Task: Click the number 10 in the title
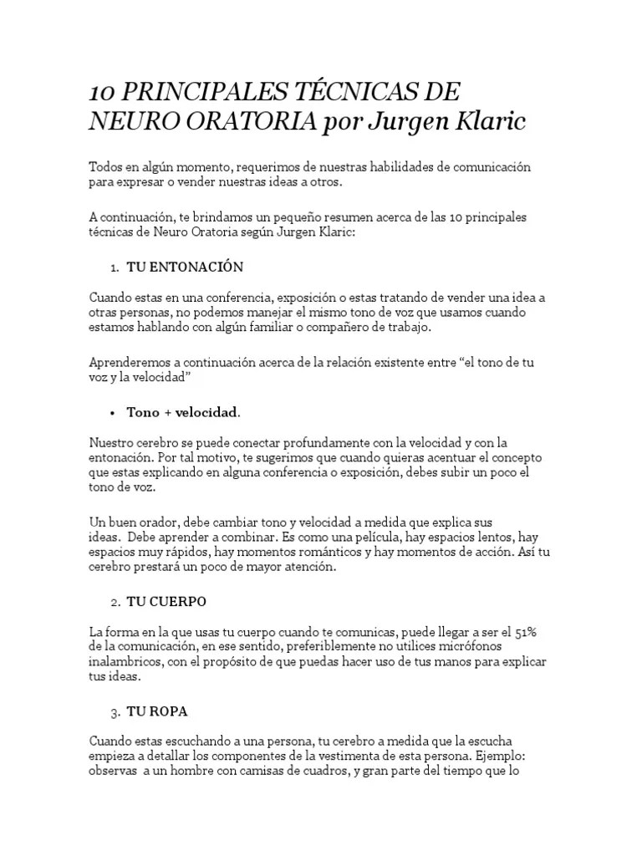coord(100,92)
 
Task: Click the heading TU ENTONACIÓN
coord(184,267)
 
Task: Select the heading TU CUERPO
coord(166,602)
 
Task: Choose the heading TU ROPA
coord(157,712)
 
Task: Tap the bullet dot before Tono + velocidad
coord(113,412)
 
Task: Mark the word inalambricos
coord(122,662)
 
